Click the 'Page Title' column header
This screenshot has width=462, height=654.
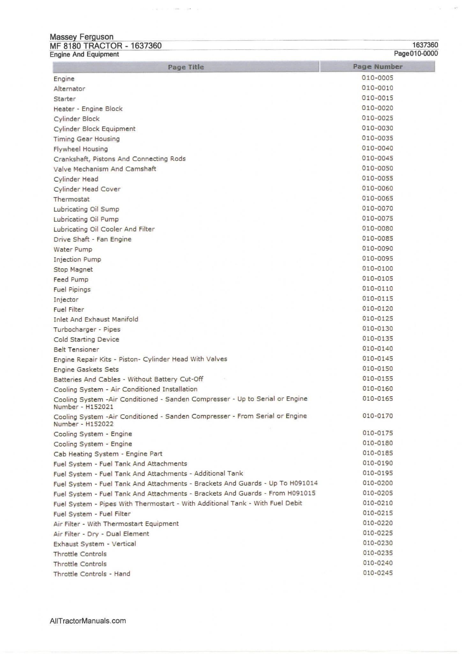tap(186, 67)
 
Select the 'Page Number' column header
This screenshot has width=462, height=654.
tap(377, 67)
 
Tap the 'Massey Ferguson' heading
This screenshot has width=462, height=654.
tap(82, 37)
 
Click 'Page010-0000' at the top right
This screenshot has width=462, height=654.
tap(416, 54)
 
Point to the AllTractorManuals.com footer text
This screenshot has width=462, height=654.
tap(88, 620)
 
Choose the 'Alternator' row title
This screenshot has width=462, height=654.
tap(69, 88)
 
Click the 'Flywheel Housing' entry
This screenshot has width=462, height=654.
tap(81, 149)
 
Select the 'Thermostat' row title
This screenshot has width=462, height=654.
tap(71, 199)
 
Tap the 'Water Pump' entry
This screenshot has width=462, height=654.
tap(73, 249)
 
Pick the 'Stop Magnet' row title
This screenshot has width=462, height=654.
tap(73, 269)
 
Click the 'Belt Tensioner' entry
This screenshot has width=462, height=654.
tap(76, 349)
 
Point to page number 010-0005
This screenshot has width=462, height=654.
tap(377, 78)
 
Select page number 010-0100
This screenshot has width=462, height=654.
tap(377, 268)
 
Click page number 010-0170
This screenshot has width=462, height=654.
tap(377, 416)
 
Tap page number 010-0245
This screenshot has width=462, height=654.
tap(377, 573)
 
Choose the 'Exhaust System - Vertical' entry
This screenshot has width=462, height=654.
tap(95, 544)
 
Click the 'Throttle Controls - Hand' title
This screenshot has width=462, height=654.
tap(92, 574)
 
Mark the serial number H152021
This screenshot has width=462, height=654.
tap(99, 407)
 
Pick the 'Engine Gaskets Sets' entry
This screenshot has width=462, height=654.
tap(86, 369)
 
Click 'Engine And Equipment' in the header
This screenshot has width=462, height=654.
tap(84, 54)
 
